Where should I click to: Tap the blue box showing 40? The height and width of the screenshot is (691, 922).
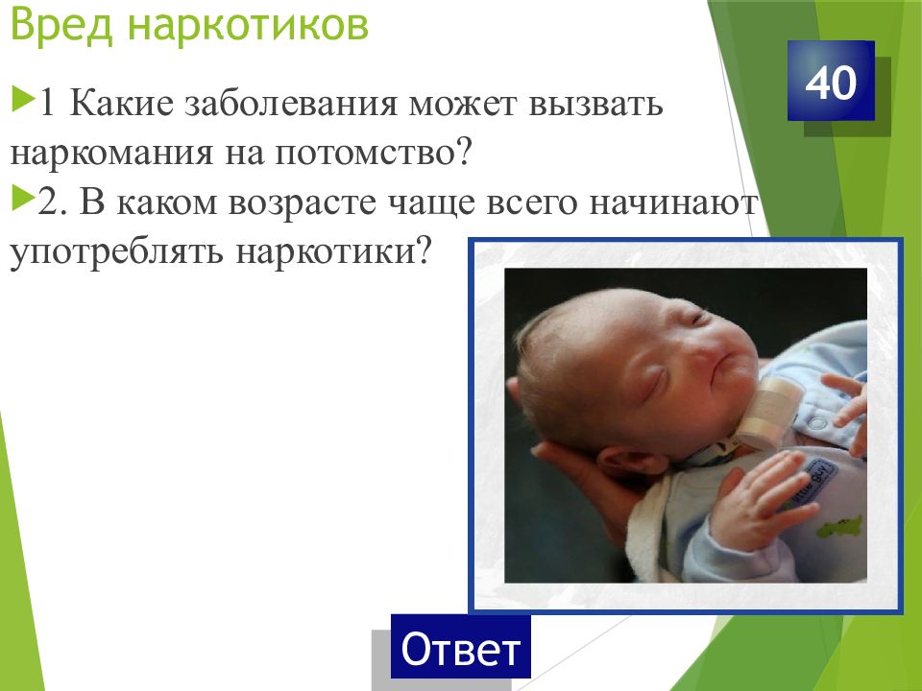(x=831, y=81)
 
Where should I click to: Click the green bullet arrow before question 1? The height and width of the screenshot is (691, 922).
(x=22, y=99)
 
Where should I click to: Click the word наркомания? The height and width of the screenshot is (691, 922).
(x=111, y=154)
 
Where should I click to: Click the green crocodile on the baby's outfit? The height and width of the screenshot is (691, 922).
(x=837, y=526)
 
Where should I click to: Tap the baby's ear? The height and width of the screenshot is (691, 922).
(x=620, y=464)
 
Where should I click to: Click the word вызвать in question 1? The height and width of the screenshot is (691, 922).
(x=595, y=105)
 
